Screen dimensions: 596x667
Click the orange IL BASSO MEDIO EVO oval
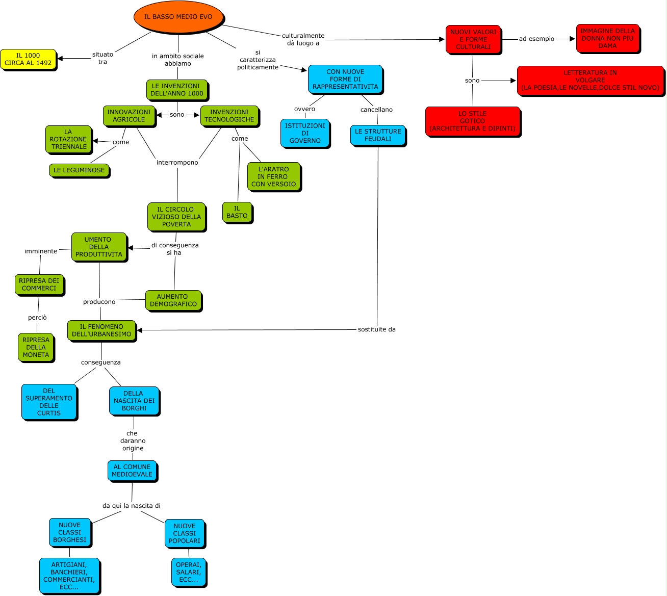[x=178, y=17]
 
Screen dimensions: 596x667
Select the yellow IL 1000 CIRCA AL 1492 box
[x=28, y=59]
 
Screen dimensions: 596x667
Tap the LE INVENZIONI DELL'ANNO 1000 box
[x=177, y=90]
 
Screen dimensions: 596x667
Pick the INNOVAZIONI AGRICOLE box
[x=129, y=116]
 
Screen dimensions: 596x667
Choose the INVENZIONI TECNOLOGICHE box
[x=229, y=116]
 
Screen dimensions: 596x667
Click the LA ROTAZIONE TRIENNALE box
[x=68, y=139]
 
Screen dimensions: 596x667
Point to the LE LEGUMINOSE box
[x=79, y=170]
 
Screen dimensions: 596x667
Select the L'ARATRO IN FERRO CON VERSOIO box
[x=273, y=176]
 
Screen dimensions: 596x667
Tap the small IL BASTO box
[x=237, y=212]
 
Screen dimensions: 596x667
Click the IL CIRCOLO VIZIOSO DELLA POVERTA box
[x=176, y=217]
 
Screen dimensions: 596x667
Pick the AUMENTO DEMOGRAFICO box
[x=173, y=300]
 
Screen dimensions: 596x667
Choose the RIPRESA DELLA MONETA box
[x=36, y=347]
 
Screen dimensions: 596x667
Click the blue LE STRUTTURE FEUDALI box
[x=378, y=135]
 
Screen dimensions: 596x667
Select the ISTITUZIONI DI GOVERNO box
[x=305, y=133]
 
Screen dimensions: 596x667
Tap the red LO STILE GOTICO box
[x=472, y=121]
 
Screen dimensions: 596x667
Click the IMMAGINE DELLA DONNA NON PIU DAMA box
[x=607, y=38]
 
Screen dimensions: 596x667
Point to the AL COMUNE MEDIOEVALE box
[x=132, y=471]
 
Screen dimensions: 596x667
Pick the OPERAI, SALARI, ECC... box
[x=189, y=572]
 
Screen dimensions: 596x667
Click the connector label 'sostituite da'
[x=377, y=329]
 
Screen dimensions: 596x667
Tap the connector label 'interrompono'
[x=177, y=163]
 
